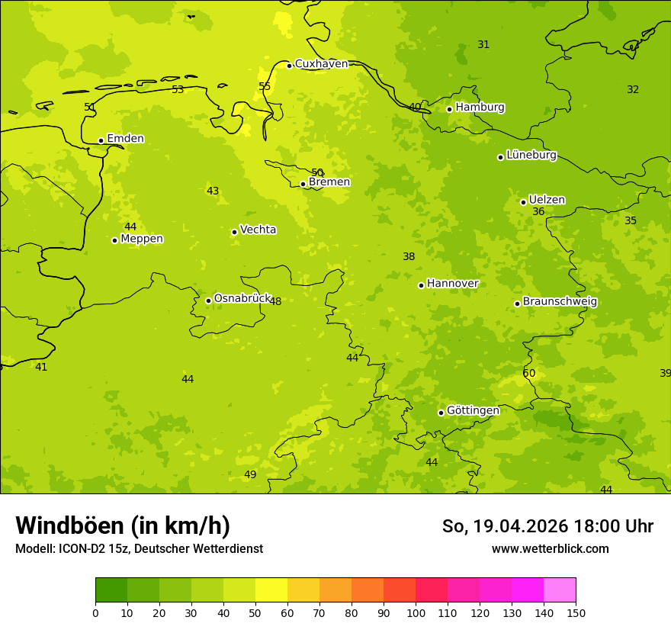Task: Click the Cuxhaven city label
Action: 321,64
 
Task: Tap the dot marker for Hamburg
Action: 449,109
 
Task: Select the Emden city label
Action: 125,139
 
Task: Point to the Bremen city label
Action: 329,182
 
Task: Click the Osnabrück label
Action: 242,299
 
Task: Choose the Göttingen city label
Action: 473,411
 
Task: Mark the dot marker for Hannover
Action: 421,285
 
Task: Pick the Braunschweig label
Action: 560,302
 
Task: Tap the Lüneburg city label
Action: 531,156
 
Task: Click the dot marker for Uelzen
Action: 523,202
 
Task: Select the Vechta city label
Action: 258,230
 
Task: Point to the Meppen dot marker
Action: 114,240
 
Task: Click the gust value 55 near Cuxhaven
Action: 265,87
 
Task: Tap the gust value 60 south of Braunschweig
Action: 529,374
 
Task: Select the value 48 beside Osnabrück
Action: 275,302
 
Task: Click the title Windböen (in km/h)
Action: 123,525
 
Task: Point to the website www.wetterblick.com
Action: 550,549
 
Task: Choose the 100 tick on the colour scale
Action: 416,612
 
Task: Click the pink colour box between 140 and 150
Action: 560,590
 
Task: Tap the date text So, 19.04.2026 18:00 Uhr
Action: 547,526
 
